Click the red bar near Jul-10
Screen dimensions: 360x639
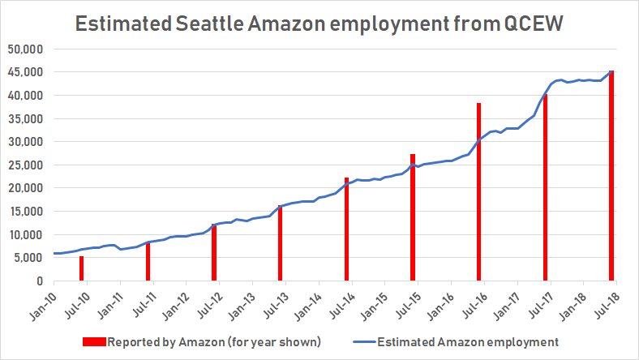click(x=81, y=268)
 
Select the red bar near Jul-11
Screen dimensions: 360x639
click(x=148, y=261)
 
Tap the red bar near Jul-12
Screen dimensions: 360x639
click(x=214, y=252)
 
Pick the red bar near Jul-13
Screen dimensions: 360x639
click(x=281, y=243)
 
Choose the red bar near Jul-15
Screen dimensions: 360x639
click(x=413, y=217)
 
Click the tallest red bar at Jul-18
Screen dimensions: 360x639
click(x=611, y=176)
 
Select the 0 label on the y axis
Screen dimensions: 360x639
click(x=37, y=281)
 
